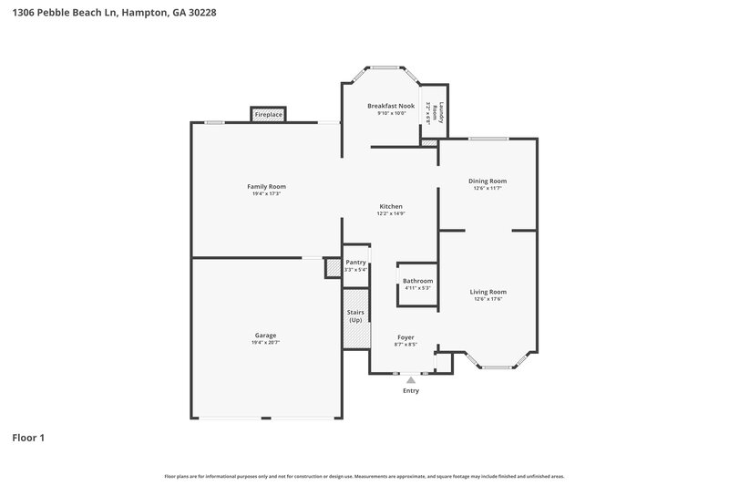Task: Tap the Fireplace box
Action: tap(268, 115)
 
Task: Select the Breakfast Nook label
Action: tap(391, 106)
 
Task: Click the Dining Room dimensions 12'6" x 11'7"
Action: tap(487, 189)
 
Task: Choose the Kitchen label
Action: tap(391, 206)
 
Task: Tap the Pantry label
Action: tap(356, 262)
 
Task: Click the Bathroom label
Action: tap(417, 281)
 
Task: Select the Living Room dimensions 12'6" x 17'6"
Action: tap(488, 299)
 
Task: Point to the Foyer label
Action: tap(406, 337)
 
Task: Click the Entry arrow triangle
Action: tap(411, 378)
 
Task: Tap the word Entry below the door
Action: tap(411, 391)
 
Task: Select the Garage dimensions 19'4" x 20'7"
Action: tap(265, 343)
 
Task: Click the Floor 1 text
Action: tap(28, 438)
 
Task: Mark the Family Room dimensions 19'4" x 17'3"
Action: tap(265, 193)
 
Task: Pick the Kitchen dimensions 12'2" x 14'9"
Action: tap(391, 213)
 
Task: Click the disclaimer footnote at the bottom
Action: tap(364, 476)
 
